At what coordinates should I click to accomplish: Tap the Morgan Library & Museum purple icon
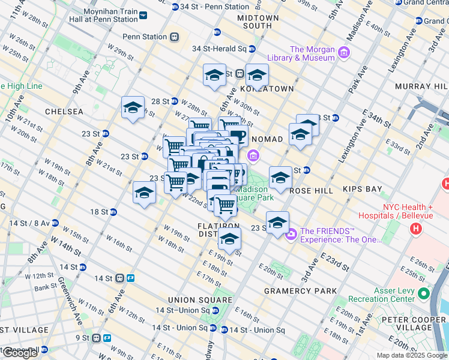tap(344, 53)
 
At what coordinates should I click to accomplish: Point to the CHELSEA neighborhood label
tap(63, 112)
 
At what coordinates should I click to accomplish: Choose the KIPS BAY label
tap(362, 189)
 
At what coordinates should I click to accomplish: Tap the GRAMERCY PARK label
tap(300, 291)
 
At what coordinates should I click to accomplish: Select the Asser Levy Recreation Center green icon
tap(424, 294)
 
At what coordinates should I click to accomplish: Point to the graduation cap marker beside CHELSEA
tap(133, 108)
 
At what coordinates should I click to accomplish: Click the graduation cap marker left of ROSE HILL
tap(280, 178)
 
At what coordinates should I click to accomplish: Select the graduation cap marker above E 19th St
tap(229, 239)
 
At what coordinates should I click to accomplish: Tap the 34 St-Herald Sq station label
tap(220, 49)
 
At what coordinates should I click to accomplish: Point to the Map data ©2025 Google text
tap(412, 355)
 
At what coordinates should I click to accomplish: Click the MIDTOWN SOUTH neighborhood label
tap(258, 22)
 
